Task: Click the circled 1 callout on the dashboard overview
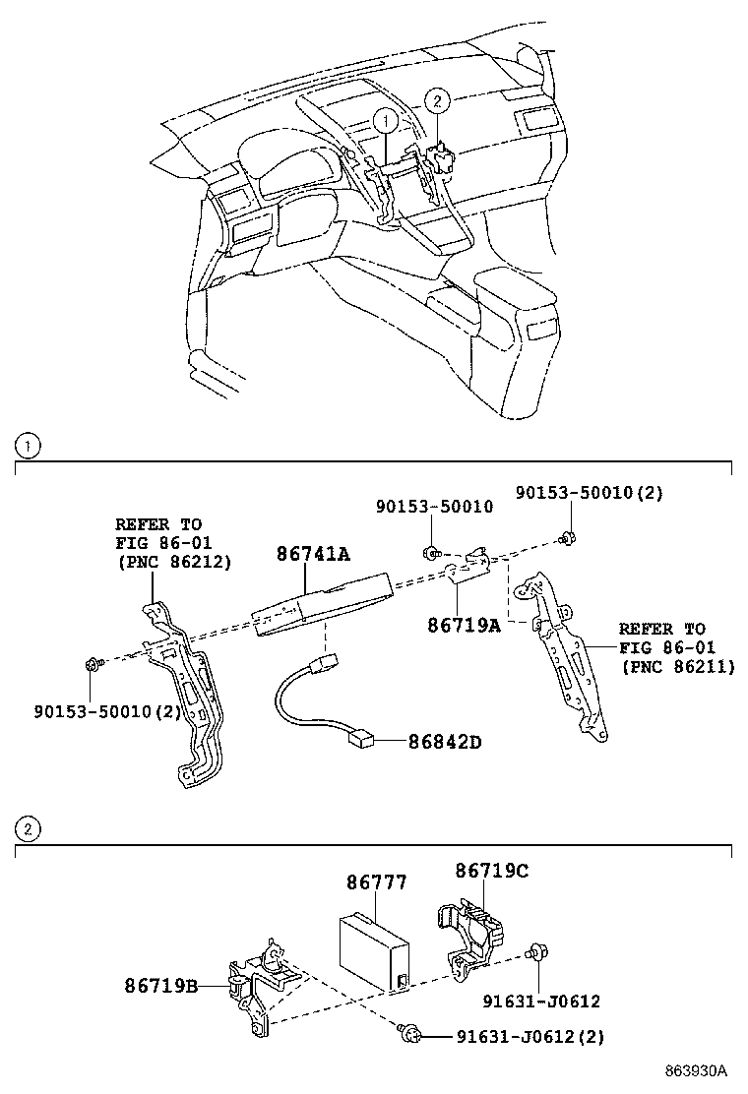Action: point(386,121)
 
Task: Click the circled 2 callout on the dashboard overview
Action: point(438,99)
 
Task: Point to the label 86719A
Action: point(464,624)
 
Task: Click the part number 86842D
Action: point(446,742)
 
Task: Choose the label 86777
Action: point(376,882)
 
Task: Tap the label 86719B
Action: point(160,985)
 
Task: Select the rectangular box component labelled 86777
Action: point(373,946)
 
